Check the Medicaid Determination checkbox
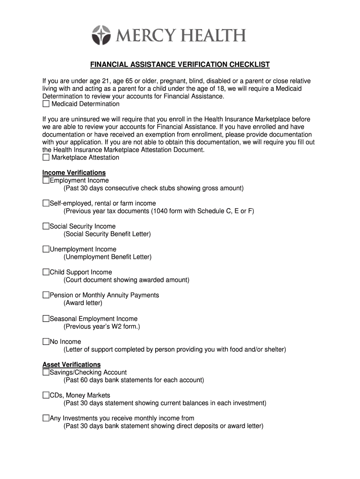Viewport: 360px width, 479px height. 46,104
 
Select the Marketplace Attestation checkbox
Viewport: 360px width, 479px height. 46,158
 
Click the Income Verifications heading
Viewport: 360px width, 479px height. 74,173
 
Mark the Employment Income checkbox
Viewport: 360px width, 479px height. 46,181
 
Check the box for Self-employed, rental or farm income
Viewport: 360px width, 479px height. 46,203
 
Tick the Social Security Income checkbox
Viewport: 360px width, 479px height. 46,226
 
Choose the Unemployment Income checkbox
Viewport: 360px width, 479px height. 46,249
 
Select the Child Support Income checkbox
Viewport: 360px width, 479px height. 46,272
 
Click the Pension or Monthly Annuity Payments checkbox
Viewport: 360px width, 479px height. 46,295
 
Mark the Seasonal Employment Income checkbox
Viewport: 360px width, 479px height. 46,319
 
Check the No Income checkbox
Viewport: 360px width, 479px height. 46,342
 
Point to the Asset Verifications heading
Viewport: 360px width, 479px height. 72,364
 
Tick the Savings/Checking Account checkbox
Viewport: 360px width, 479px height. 46,373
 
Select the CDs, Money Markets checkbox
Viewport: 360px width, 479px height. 46,395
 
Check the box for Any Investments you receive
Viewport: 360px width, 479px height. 46,418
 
